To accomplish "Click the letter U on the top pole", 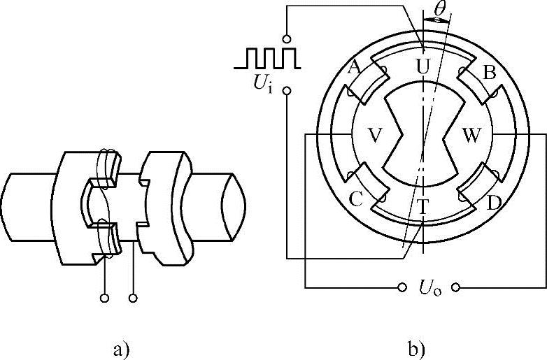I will tap(422, 66).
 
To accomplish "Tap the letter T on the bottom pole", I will tap(422, 206).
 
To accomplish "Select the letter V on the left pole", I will tap(374, 136).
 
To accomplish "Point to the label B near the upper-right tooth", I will tap(490, 72).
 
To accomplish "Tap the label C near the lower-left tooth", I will tap(355, 200).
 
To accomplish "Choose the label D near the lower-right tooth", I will tap(494, 203).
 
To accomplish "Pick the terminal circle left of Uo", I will tap(402, 287).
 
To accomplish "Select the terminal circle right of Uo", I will tap(456, 287).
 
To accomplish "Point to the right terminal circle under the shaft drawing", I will tap(133, 298).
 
